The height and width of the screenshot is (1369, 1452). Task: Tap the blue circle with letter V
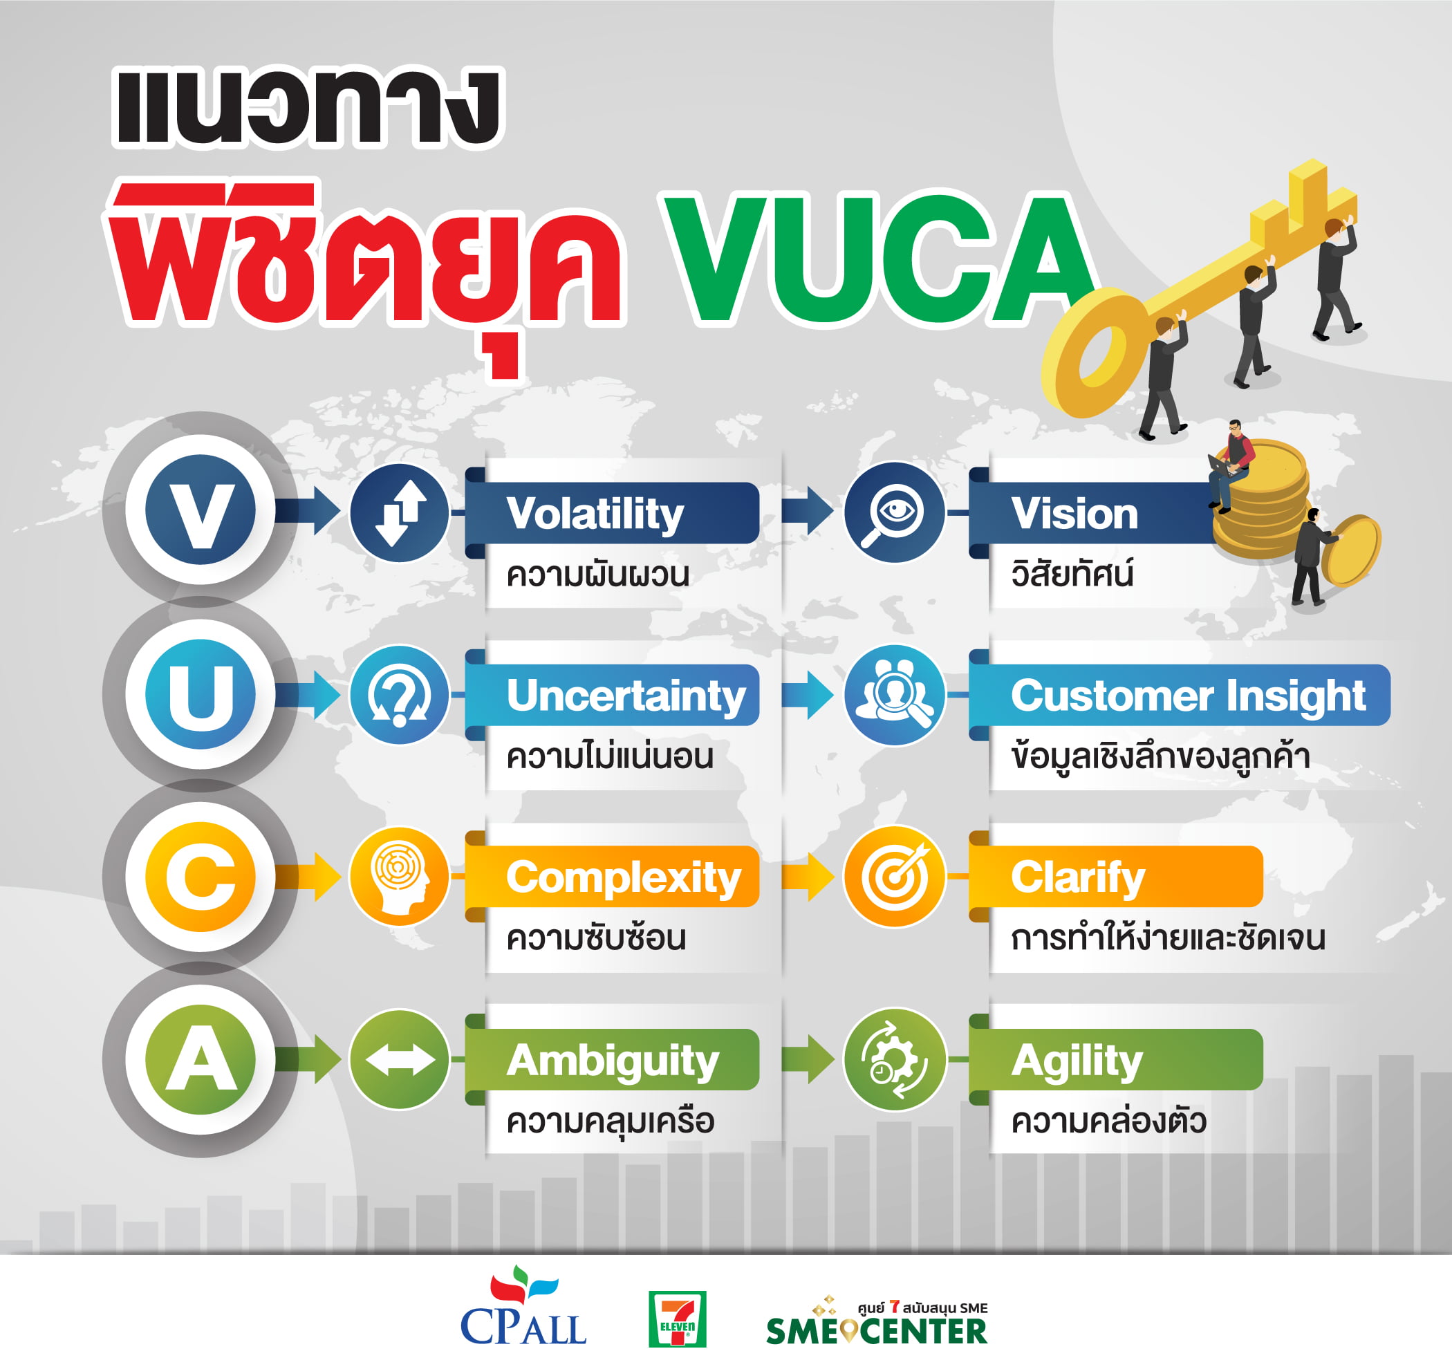click(x=200, y=509)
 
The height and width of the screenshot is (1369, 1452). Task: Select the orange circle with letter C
click(x=200, y=876)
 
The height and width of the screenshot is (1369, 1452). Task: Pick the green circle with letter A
click(x=200, y=1059)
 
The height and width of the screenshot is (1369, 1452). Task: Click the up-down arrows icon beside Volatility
click(x=399, y=513)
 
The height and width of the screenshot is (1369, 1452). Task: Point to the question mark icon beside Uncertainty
click(x=399, y=695)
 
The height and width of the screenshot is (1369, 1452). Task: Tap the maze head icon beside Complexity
click(x=399, y=876)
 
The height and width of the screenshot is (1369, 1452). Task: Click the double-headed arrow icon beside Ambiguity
click(x=399, y=1059)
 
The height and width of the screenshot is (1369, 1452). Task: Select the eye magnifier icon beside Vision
click(x=894, y=513)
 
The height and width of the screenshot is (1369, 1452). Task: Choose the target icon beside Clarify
click(x=894, y=876)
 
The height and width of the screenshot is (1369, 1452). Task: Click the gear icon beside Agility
click(x=894, y=1059)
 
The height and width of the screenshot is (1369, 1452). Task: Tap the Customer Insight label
click(x=1188, y=695)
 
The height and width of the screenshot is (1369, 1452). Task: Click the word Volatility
click(x=595, y=514)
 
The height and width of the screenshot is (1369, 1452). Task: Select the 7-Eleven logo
click(x=677, y=1319)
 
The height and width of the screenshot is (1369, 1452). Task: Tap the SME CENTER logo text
click(x=877, y=1330)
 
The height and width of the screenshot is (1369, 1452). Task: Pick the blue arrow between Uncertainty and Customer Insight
click(x=807, y=695)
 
